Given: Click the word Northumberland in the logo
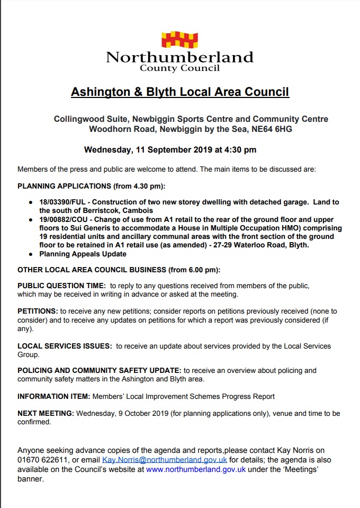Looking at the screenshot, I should [179, 57].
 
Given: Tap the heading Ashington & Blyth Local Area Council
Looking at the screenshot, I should [180, 92].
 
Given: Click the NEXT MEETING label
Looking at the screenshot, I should [47, 413].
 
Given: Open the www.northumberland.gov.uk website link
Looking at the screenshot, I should [196, 469].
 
